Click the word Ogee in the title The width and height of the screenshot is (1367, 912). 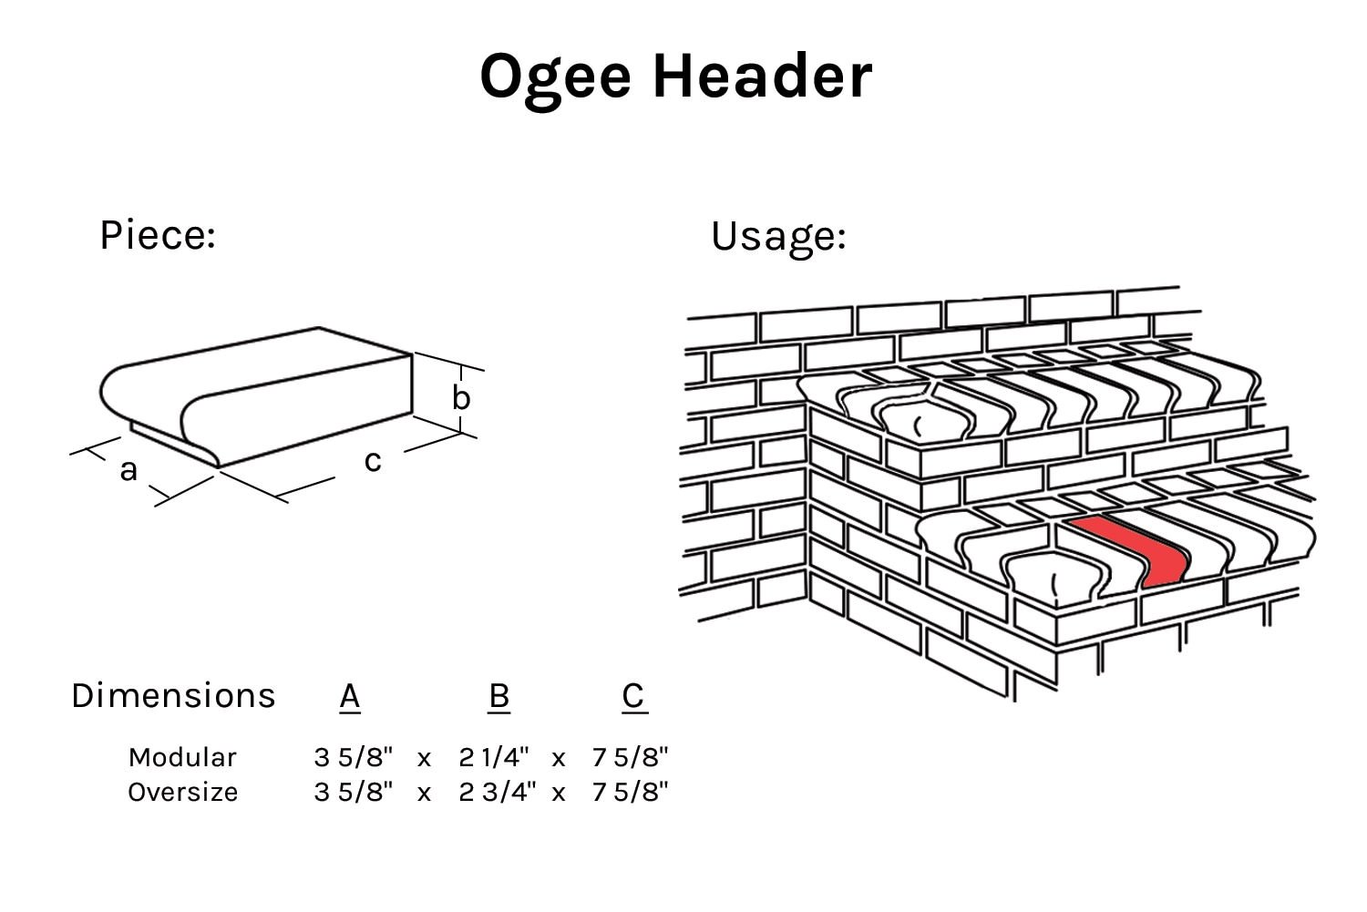555,77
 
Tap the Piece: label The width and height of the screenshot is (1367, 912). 157,235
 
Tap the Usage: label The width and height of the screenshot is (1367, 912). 778,236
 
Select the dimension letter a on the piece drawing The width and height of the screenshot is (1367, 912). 128,470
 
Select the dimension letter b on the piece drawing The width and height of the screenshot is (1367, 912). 461,398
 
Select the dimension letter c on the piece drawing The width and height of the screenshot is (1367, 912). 372,461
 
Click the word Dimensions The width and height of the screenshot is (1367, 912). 173,696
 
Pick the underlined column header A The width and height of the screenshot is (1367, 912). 350,696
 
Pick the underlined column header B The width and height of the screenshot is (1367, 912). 498,696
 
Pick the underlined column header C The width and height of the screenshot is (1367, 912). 633,696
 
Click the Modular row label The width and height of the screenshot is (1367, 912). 182,757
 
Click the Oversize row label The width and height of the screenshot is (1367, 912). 183,792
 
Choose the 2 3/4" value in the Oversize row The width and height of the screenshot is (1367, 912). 497,792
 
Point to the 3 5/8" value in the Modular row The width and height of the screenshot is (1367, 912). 353,757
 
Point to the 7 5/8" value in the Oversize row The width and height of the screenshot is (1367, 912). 630,792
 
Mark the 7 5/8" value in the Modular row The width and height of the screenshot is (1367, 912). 630,757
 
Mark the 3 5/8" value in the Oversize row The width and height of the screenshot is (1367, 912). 353,792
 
